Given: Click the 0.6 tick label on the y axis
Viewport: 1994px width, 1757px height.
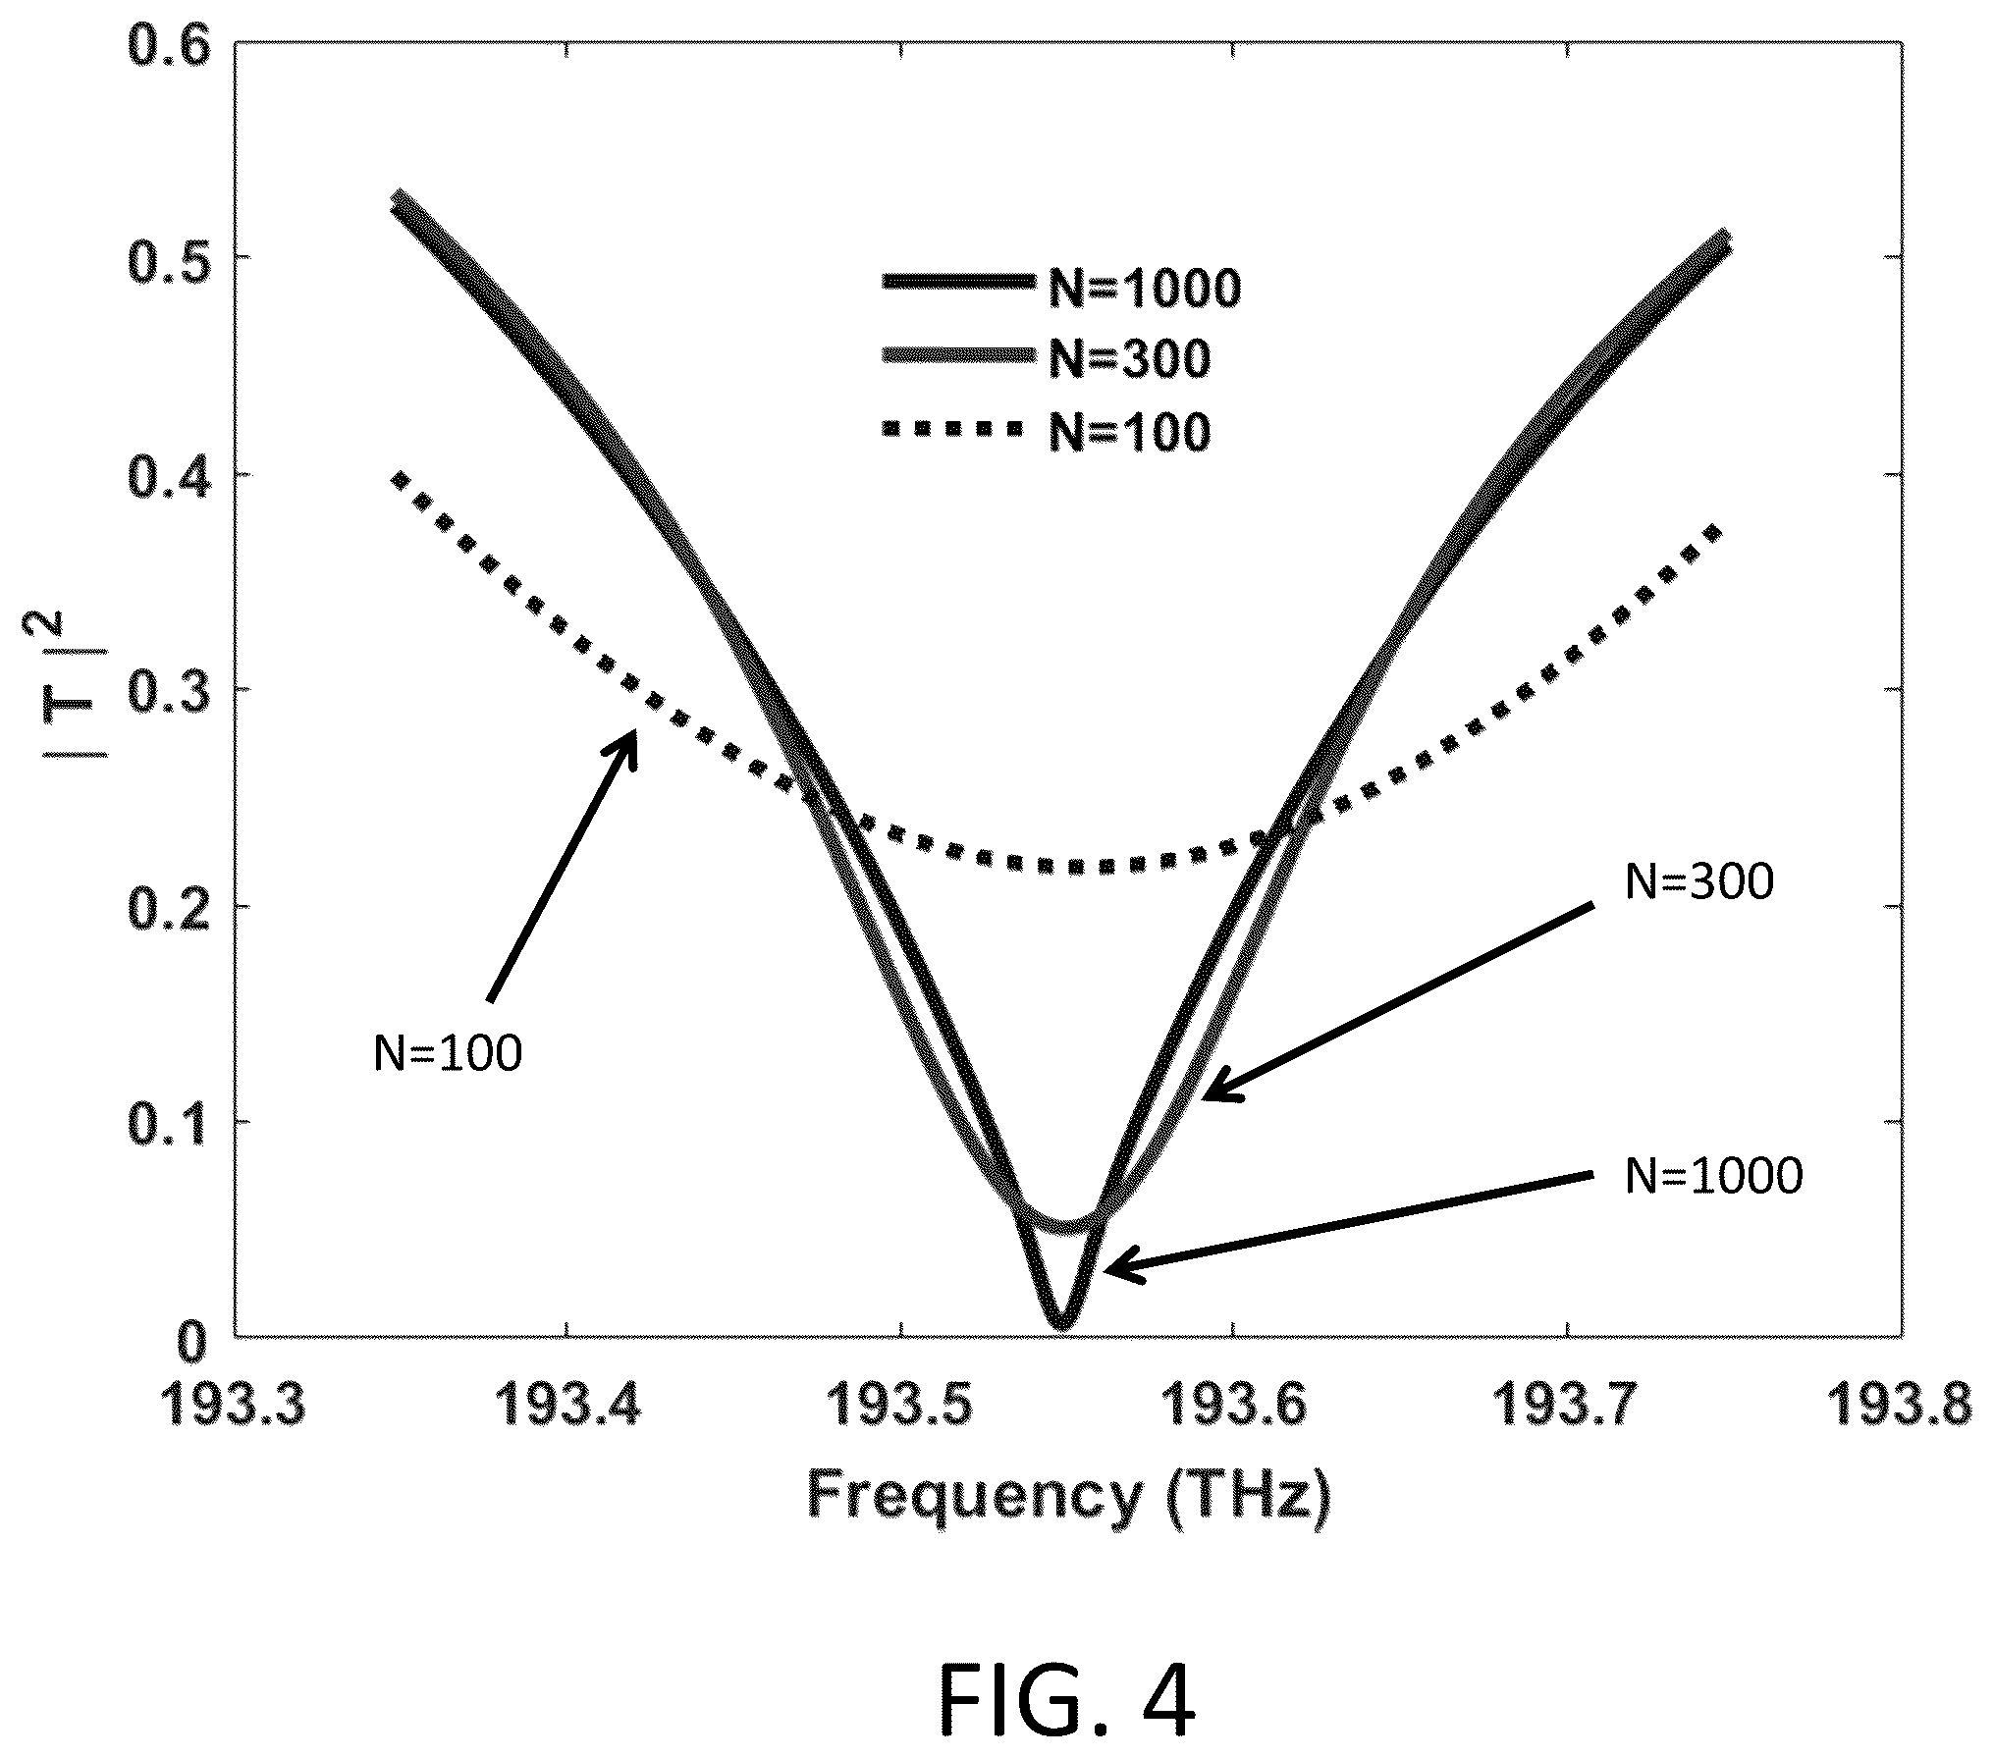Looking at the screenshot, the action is click(170, 45).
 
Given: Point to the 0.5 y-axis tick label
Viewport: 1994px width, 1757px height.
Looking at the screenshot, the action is click(170, 258).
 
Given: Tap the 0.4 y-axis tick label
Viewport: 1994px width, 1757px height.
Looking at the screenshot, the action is click(170, 475).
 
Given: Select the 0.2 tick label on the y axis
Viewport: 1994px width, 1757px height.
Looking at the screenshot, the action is click(170, 907).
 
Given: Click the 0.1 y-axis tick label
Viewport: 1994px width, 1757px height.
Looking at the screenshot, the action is click(170, 1121).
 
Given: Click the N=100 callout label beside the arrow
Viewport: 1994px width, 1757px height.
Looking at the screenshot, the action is click(448, 1054).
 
